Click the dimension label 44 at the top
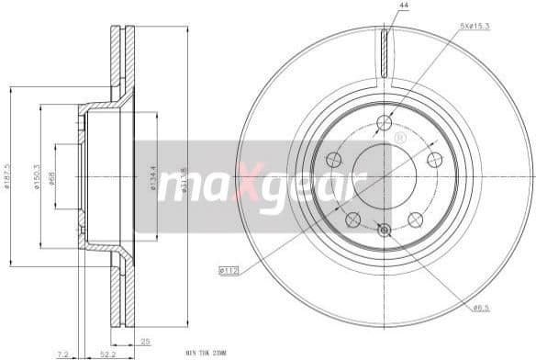[402, 6]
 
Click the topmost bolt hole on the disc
[385, 123]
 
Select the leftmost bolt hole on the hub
[333, 160]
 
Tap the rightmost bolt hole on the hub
[435, 160]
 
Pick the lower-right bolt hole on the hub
[415, 219]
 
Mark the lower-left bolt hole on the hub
[352, 219]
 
